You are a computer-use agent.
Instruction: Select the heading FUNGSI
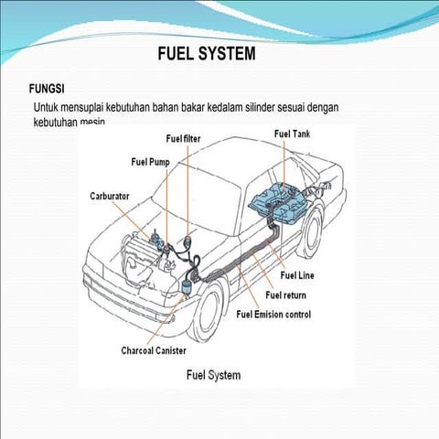(48, 90)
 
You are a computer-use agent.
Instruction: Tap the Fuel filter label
(185, 139)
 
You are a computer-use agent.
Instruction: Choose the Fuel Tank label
(293, 134)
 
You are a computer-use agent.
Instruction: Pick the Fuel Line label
(298, 275)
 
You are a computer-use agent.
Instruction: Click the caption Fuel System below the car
(213, 374)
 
